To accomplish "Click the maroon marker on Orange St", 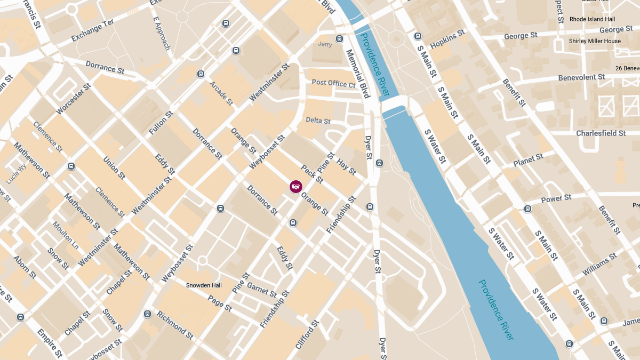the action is (296, 186).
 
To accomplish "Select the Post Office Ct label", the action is (333, 83).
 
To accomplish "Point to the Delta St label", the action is (318, 121).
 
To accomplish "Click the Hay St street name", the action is (347, 167).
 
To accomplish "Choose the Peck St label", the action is (312, 174).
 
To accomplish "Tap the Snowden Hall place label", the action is (204, 285).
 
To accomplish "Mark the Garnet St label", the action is (262, 290).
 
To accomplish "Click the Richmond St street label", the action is (175, 325).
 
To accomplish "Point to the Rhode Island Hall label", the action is (593, 19).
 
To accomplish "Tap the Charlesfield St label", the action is (601, 133).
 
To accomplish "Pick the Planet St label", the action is (528, 159).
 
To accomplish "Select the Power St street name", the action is (556, 198).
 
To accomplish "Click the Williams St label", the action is (599, 265).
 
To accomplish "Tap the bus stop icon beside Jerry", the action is (339, 39).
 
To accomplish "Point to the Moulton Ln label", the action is (66, 235).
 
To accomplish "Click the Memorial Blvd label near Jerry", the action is (358, 74).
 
